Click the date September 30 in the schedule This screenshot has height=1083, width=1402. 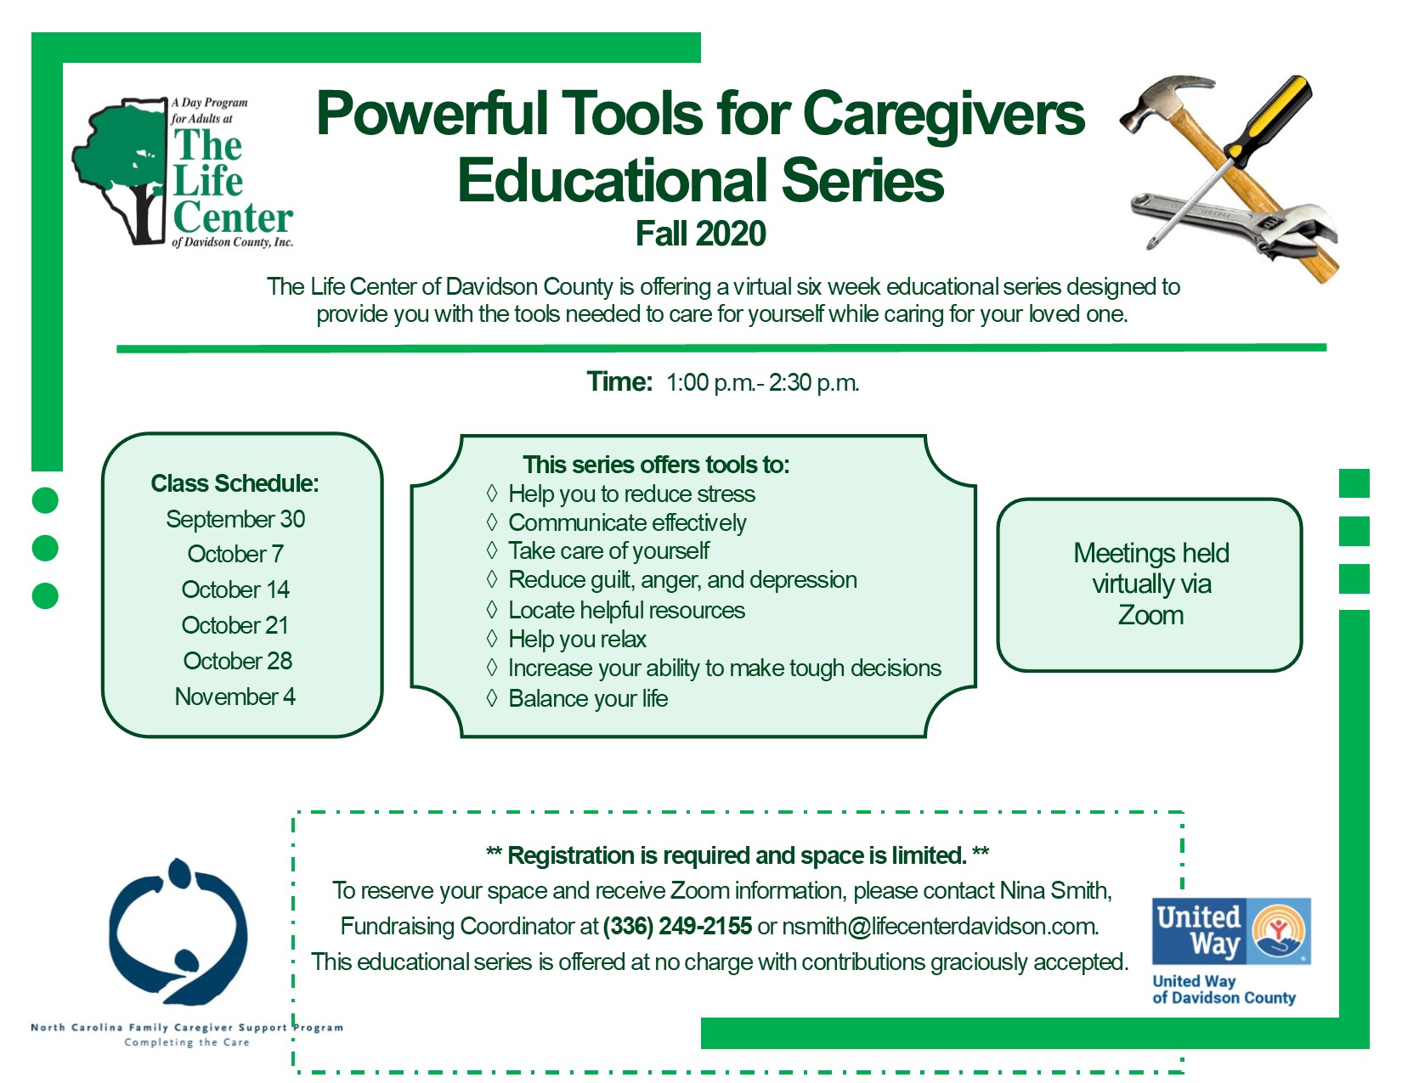(x=235, y=519)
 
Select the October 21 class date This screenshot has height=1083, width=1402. (x=235, y=625)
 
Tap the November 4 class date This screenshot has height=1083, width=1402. (x=235, y=697)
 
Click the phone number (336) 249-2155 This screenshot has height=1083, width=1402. (x=677, y=926)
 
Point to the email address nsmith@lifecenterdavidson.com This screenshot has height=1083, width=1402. (x=940, y=926)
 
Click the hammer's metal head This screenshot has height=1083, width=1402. (x=1162, y=104)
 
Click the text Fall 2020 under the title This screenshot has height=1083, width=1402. (x=701, y=234)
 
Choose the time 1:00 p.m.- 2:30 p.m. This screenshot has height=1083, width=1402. (x=762, y=382)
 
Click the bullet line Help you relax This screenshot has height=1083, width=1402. (x=577, y=639)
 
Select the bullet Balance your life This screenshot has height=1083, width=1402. (x=588, y=698)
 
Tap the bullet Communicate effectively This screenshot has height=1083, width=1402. (x=627, y=522)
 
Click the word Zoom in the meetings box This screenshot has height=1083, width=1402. (x=1151, y=615)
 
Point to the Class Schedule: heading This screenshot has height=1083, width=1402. (x=235, y=483)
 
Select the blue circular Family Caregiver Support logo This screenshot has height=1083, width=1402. (x=178, y=931)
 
